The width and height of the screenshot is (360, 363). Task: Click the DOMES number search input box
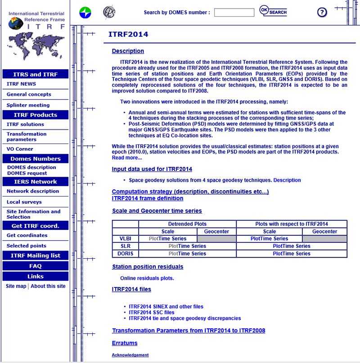(234, 13)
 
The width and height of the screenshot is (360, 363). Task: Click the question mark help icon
(322, 12)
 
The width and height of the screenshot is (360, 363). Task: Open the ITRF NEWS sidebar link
(21, 84)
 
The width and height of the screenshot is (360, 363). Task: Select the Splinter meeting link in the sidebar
(28, 105)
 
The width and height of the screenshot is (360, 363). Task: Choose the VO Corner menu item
(20, 149)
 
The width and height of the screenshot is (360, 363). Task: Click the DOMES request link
(27, 173)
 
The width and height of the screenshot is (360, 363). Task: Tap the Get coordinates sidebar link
(27, 235)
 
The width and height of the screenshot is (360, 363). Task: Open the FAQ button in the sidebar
(35, 266)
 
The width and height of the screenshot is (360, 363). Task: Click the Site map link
(16, 286)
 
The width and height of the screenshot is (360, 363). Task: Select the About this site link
(48, 286)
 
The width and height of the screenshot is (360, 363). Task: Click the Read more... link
(127, 157)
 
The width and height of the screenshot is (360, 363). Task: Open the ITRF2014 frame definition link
(148, 198)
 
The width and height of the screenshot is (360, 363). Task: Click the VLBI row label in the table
(125, 239)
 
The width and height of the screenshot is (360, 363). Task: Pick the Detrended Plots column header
(187, 224)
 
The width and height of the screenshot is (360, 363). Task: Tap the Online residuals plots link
(147, 278)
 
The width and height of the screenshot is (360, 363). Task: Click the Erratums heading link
(125, 343)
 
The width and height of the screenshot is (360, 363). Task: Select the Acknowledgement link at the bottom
(130, 355)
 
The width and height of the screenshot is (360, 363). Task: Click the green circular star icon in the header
(85, 13)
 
